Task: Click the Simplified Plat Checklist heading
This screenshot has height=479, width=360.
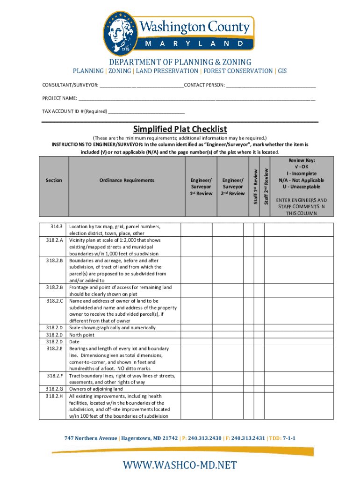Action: pyautogui.click(x=180, y=129)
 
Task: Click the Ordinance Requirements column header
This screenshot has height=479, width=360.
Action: pyautogui.click(x=127, y=180)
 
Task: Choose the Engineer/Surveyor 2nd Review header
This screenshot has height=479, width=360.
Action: pyautogui.click(x=233, y=187)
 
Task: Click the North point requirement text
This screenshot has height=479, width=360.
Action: pyautogui.click(x=82, y=335)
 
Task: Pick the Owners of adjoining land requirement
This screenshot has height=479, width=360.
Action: pyautogui.click(x=96, y=389)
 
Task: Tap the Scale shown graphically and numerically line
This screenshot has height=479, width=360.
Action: pyautogui.click(x=112, y=328)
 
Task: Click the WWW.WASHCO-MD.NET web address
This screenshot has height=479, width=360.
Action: pyautogui.click(x=180, y=465)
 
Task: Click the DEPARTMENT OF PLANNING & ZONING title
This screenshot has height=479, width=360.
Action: pyautogui.click(x=180, y=62)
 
